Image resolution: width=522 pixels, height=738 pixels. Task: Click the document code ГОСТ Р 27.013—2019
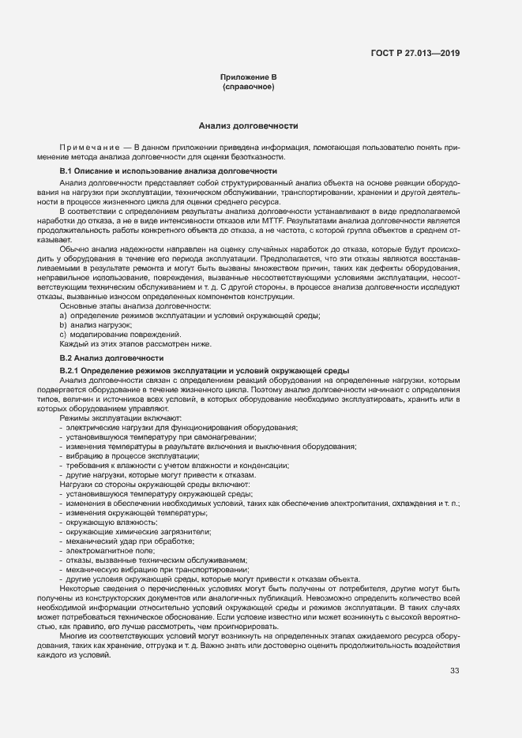415,54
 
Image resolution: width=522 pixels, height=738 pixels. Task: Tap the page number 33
454,672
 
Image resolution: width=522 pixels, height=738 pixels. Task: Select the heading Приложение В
248,77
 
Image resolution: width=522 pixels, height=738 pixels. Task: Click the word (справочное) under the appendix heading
248,86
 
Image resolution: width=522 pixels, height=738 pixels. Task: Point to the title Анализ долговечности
248,125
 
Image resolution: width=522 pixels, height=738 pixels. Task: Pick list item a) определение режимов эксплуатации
190,316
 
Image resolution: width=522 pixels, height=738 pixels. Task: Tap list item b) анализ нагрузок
96,325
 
